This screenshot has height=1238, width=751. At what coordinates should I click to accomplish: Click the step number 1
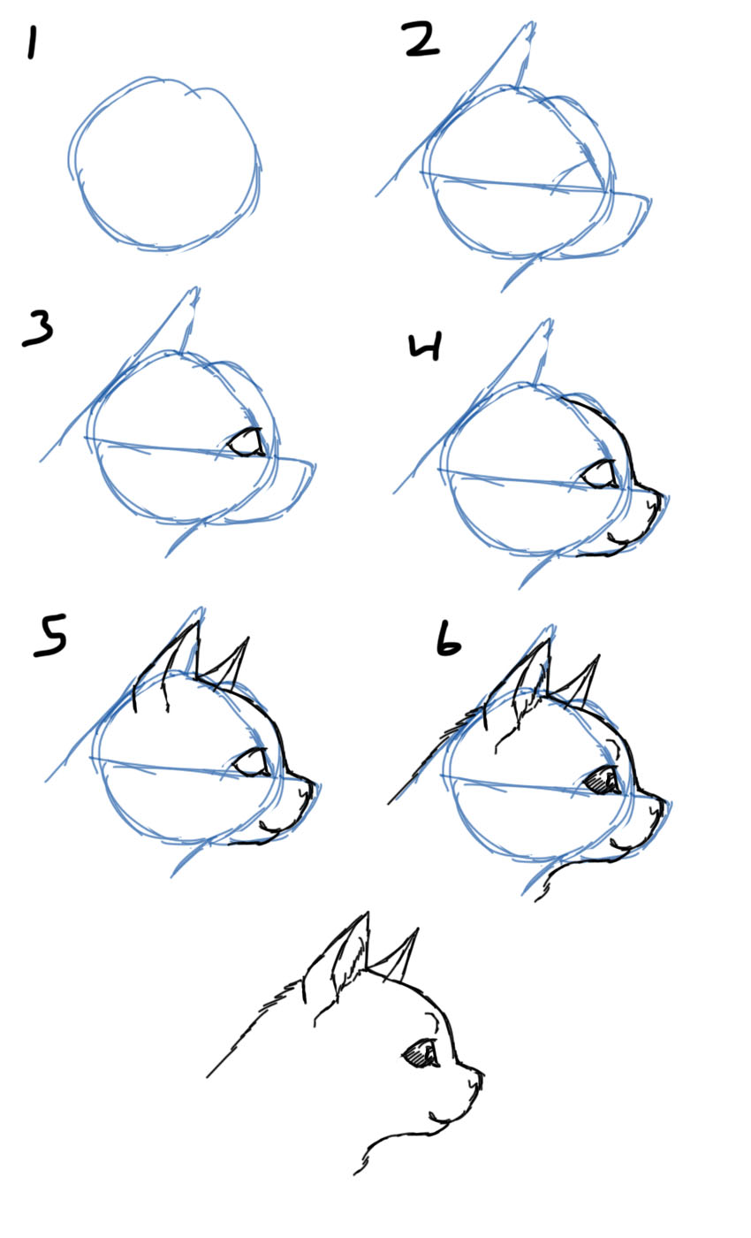(x=33, y=42)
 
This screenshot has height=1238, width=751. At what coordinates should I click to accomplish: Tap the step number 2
(x=421, y=40)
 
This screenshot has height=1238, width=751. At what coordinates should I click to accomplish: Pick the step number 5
(x=49, y=638)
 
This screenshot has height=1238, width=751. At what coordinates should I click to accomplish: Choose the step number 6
(x=449, y=643)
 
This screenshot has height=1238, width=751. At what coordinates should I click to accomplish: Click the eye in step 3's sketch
(x=247, y=443)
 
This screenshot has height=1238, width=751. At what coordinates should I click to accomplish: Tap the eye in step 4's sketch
(x=601, y=474)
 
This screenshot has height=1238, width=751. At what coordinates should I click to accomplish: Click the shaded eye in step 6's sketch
(x=603, y=780)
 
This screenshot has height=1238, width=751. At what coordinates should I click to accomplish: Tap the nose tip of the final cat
(x=482, y=1076)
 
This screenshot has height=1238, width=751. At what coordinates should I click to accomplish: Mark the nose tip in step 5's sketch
(x=312, y=787)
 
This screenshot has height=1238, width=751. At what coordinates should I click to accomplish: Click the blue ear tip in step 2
(x=527, y=31)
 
